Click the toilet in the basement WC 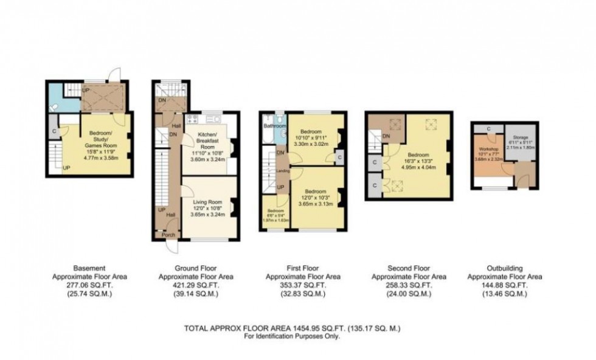(x=55, y=105)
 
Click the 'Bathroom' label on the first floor (x=274, y=126)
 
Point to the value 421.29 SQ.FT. (x=196, y=285)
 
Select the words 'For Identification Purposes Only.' (x=292, y=336)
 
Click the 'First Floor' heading (x=303, y=268)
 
